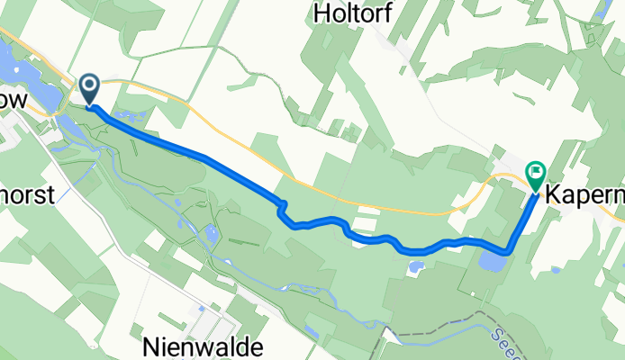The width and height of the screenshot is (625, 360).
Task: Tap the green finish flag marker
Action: [x=536, y=173]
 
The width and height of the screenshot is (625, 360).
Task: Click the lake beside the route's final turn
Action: [x=492, y=261]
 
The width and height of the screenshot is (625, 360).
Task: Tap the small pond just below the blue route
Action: [x=415, y=267]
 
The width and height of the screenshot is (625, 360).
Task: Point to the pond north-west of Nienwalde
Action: [x=212, y=235]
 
